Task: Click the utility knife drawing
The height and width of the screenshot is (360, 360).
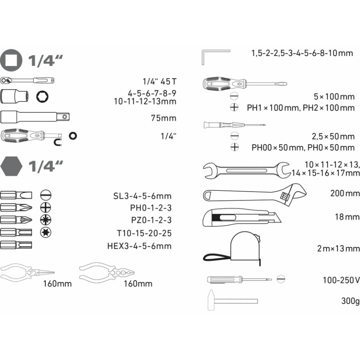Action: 241,217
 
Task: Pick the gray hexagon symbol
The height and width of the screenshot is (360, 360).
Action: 11,166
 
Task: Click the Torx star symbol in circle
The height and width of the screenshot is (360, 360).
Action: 46,232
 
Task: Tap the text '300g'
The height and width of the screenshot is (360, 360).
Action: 350,301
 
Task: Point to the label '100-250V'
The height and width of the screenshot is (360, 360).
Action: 341,280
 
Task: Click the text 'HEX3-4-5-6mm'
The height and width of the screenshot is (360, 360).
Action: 139,246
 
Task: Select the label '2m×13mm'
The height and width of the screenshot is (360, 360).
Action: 338,248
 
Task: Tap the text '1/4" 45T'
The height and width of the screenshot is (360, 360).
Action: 157,81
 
